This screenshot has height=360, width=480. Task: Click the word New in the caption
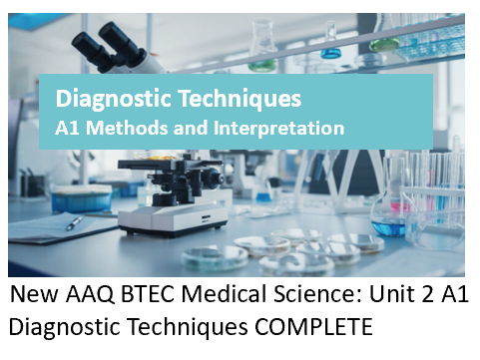pos(33,298)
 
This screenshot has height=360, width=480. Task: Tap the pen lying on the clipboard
pos(74,223)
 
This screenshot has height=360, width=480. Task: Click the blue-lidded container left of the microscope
pos(82,197)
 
